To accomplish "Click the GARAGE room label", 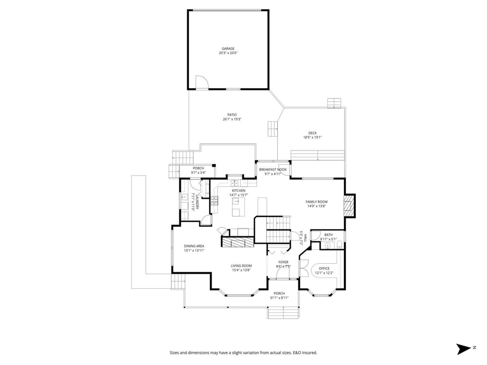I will tap(228, 49).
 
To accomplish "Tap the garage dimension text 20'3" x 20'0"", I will tap(228, 53).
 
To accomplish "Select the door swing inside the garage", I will tap(202, 82).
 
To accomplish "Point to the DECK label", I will tap(312, 133).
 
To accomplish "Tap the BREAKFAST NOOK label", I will tap(273, 170).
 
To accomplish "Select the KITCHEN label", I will tap(238, 191).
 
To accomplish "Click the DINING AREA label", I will tap(194, 246).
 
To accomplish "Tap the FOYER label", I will tap(283, 262).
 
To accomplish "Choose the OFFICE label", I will tap(324, 268).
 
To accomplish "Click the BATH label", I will tap(328, 235).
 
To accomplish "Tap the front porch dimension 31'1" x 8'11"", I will tap(279, 298).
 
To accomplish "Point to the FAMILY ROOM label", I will tap(316, 202).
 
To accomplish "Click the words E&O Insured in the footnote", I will tap(305, 353).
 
